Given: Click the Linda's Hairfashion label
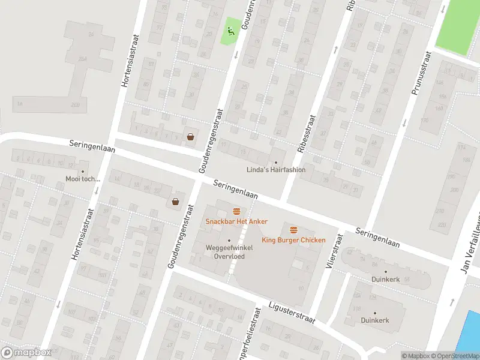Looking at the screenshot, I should (x=276, y=170).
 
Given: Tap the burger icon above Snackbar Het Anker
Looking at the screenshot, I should (x=236, y=211).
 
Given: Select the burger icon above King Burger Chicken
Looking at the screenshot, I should (x=293, y=230).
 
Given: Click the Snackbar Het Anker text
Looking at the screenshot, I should (x=236, y=222).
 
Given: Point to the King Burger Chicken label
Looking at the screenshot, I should (x=293, y=241).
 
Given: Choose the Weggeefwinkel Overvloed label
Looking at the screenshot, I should (x=229, y=251).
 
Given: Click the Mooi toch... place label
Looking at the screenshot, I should (x=83, y=179).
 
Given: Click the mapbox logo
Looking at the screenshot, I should (x=26, y=353).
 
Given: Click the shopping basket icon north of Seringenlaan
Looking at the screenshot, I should (x=190, y=136).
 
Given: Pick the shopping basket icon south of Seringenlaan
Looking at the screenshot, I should (x=175, y=202).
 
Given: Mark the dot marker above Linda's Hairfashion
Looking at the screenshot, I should (x=276, y=163).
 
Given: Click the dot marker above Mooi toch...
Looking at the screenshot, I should (x=83, y=172).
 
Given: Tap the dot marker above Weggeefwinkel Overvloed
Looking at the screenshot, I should (x=229, y=241).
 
